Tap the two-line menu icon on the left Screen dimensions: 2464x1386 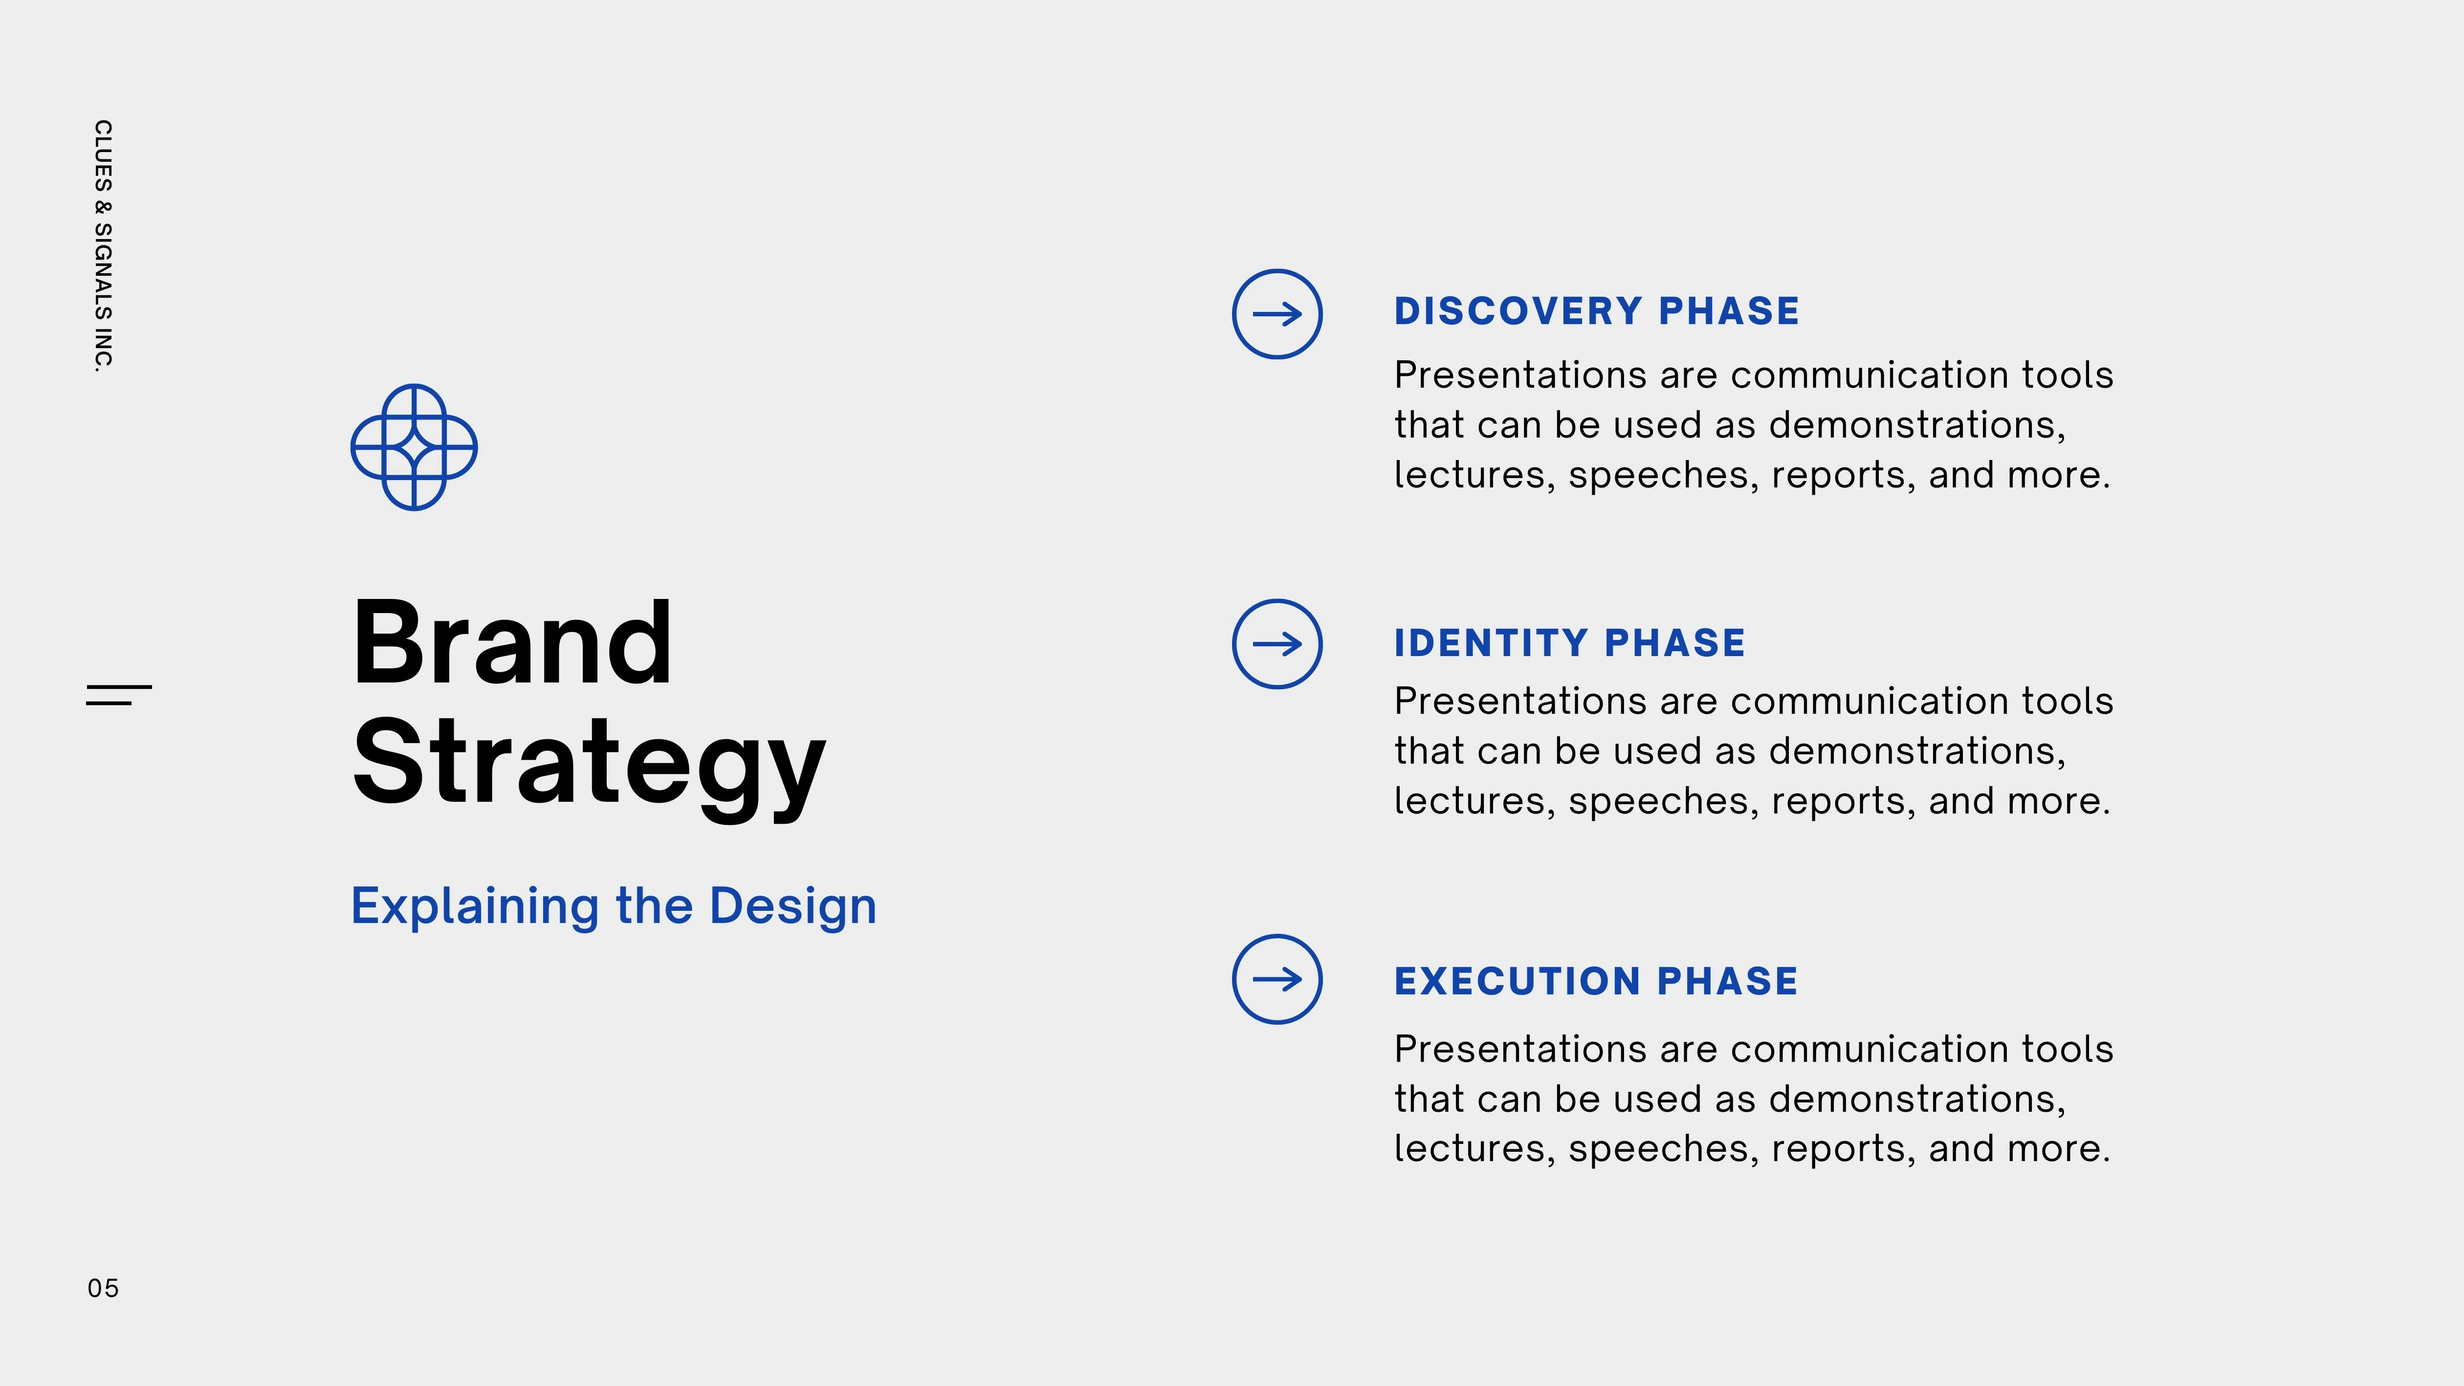119,695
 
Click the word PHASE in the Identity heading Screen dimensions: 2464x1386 1675,643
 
